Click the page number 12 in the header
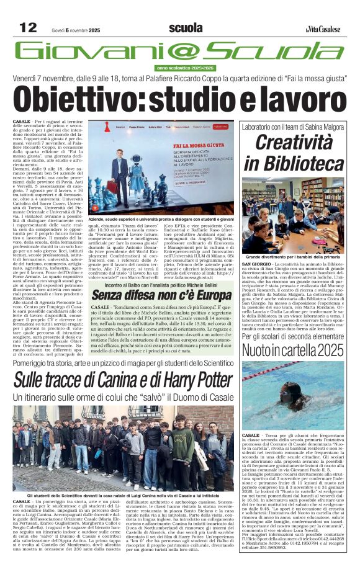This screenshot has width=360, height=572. tap(28, 27)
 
